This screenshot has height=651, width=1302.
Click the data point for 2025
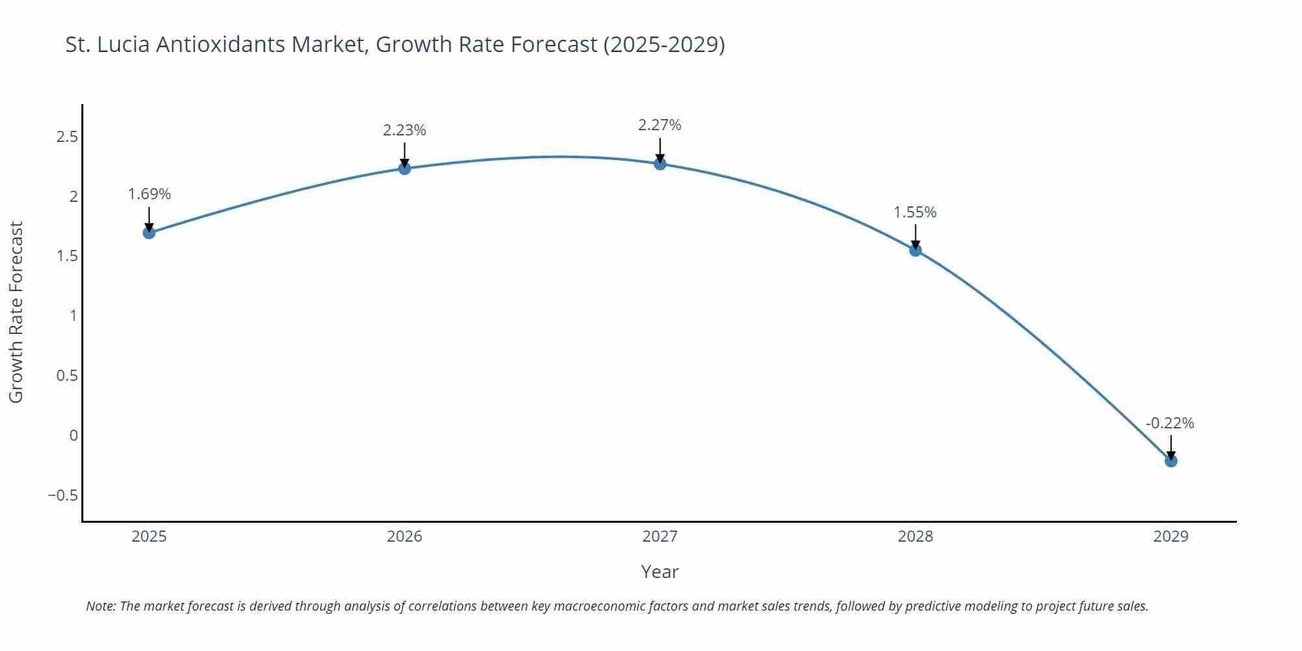tap(149, 232)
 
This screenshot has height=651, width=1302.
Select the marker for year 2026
tap(404, 169)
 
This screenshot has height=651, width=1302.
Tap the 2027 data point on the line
tap(660, 163)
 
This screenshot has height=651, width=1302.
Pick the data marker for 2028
tap(915, 250)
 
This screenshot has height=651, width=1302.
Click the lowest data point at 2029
tap(1170, 461)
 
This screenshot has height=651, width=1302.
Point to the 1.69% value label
tap(149, 194)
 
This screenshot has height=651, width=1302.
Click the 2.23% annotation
tap(404, 130)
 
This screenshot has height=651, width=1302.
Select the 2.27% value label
tap(659, 125)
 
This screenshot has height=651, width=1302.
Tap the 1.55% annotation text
tap(915, 212)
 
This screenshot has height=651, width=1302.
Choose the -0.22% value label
tap(1170, 423)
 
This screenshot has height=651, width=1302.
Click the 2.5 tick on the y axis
tap(67, 137)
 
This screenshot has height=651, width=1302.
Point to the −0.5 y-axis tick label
tap(62, 495)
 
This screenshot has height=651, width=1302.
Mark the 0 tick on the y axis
tap(74, 436)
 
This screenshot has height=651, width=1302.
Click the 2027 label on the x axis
tap(659, 536)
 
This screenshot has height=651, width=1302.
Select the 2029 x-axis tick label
tap(1170, 536)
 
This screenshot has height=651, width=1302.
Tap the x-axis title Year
tap(659, 572)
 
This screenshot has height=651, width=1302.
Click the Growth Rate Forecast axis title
tap(16, 312)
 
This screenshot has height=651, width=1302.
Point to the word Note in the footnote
tap(100, 606)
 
